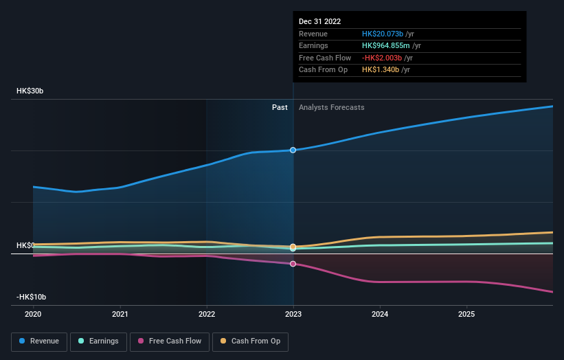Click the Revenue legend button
[38, 341]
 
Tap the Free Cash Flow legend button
[168, 341]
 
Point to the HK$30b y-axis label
[31, 91]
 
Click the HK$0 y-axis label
[25, 245]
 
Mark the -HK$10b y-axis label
[32, 297]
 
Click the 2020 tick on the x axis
[33, 313]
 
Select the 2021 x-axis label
[120, 313]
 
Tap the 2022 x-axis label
[207, 313]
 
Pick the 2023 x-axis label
[293, 313]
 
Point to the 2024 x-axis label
[380, 313]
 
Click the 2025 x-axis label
[466, 313]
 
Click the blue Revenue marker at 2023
[293, 150]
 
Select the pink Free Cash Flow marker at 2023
[293, 264]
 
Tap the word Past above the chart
[280, 107]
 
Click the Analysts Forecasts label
[331, 107]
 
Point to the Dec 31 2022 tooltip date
[319, 22]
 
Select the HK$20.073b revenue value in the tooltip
[385, 34]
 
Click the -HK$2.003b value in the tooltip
[385, 58]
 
